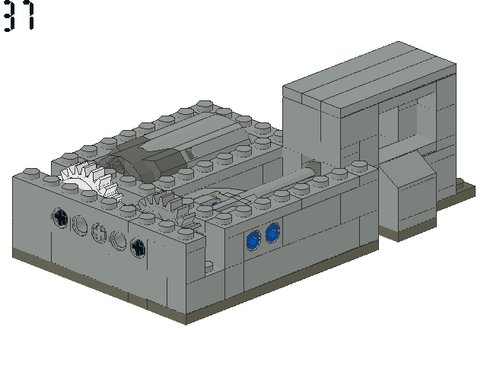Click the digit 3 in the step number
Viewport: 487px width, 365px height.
9,15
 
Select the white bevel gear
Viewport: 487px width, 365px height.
90,181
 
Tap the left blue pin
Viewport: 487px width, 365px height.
253,240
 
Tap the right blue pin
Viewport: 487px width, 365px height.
272,233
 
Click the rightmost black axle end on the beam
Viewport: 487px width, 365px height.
138,247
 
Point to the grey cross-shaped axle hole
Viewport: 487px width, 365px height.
99,233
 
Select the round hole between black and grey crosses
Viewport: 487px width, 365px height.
80,225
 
